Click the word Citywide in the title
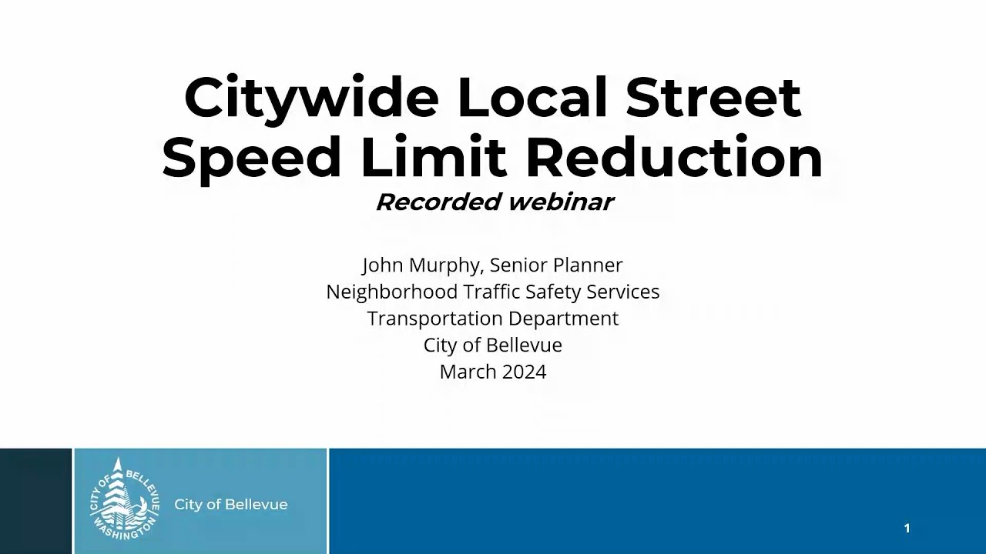coord(311,98)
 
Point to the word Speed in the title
coord(252,159)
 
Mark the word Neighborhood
coord(391,292)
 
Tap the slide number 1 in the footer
coord(907,528)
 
